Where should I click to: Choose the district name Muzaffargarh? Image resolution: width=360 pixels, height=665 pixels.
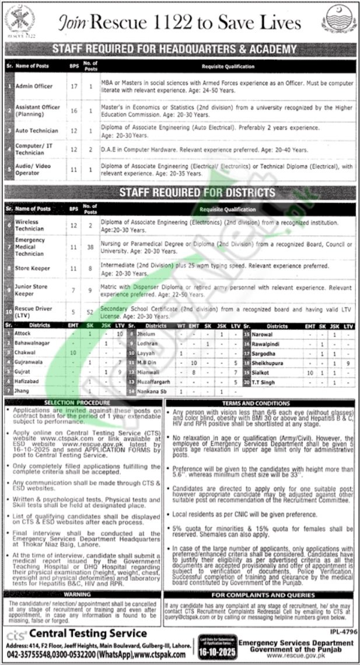pyautogui.click(x=153, y=380)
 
